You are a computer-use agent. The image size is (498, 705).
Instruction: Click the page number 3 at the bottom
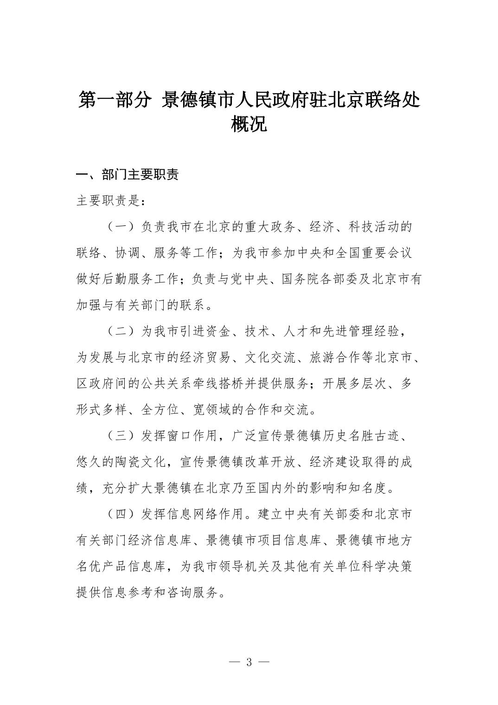pos(249,662)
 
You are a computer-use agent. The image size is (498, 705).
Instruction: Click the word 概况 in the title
pos(249,124)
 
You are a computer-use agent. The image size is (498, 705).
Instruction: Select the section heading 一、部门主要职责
pos(128,175)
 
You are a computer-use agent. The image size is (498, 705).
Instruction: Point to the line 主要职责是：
pos(111,201)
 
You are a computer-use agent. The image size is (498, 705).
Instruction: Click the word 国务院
pos(300,280)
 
